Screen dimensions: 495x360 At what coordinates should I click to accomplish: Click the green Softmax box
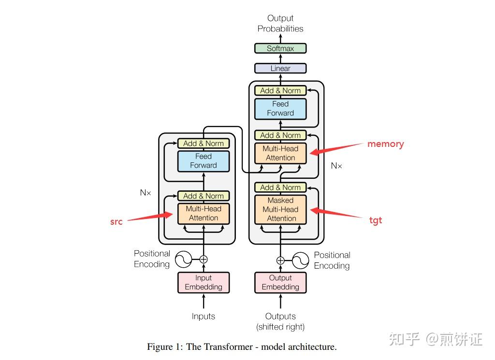(280, 48)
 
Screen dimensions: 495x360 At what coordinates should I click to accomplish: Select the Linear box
(280, 68)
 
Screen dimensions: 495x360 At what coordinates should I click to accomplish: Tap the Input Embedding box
(204, 282)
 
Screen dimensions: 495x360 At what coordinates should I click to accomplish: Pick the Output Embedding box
(280, 282)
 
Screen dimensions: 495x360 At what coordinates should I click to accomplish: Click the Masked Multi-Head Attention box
(280, 210)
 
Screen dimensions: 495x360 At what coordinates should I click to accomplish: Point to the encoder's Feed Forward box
(204, 161)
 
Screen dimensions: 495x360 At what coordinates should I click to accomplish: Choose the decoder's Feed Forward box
(280, 109)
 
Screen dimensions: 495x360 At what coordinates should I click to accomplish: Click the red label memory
(385, 144)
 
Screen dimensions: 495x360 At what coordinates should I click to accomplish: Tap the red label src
(116, 222)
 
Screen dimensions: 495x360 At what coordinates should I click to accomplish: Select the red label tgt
(376, 220)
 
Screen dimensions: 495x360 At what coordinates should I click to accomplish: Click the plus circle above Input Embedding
(204, 259)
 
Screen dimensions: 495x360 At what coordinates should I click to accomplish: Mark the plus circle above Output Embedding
(280, 260)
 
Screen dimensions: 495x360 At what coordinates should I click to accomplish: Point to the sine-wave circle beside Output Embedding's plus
(301, 260)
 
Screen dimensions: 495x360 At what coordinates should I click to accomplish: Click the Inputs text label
(204, 316)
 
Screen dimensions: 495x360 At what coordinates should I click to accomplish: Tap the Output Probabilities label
(280, 23)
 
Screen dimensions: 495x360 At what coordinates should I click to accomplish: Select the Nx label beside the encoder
(146, 192)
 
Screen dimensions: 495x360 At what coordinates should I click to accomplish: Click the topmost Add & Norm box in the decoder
(280, 90)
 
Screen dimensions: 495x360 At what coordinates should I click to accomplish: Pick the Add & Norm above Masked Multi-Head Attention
(280, 187)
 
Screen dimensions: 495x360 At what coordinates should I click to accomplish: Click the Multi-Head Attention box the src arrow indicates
(204, 214)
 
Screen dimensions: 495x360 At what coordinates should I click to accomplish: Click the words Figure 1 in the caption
(165, 347)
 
